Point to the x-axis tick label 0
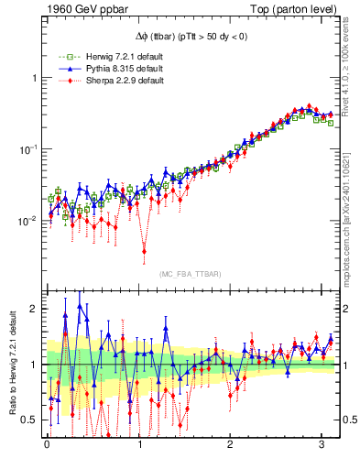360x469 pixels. click(47, 446)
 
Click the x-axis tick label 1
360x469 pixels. click(139, 446)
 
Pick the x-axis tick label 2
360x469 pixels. click(231, 446)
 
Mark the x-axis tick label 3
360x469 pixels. click(322, 446)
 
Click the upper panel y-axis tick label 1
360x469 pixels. click(35, 78)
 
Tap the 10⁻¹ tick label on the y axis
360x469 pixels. click(29, 148)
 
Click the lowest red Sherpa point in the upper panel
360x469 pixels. click(144, 248)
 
